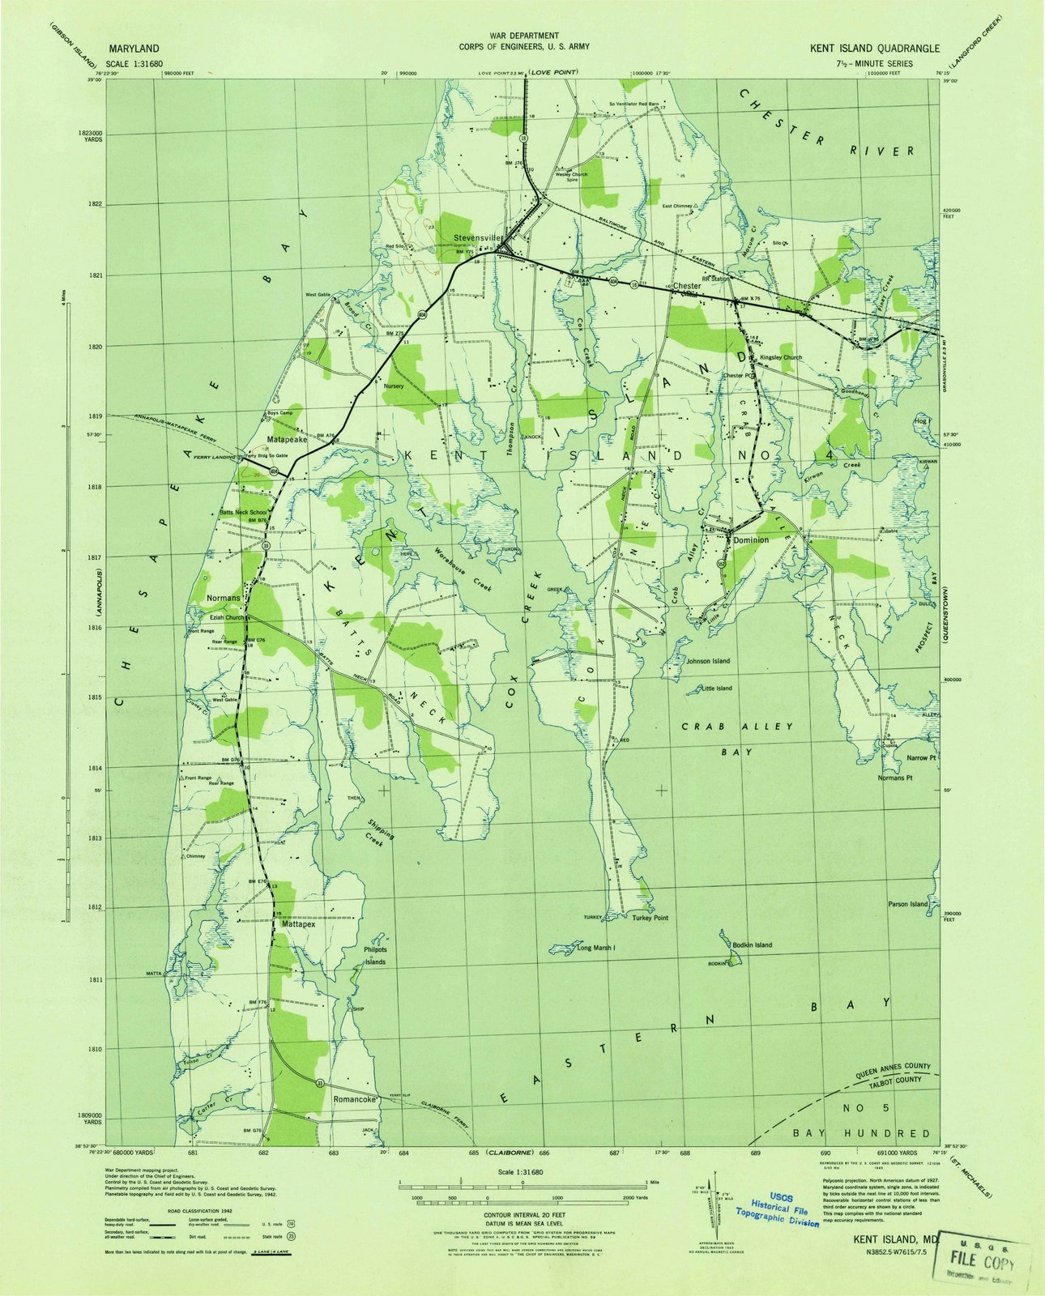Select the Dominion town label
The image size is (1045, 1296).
(x=751, y=539)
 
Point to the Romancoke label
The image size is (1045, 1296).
(x=356, y=1100)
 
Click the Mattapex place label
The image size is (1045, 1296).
(x=298, y=923)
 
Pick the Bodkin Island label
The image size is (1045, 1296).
(x=752, y=945)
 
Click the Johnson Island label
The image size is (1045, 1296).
(x=708, y=661)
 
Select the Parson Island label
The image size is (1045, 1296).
(x=907, y=904)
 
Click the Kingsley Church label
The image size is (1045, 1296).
(x=780, y=357)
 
